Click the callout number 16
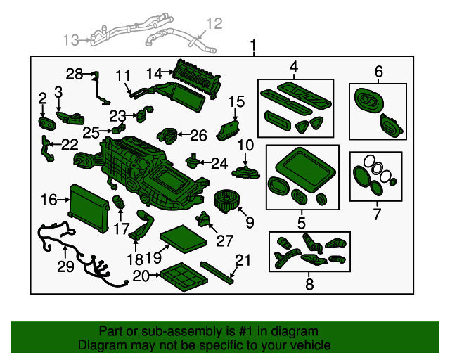49,200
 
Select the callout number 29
65,266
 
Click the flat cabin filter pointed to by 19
184,239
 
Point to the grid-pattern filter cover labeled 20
184,276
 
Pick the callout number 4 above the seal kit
294,67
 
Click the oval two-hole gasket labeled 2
47,124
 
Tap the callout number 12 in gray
214,23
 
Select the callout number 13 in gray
70,40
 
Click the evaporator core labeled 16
89,208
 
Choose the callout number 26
198,135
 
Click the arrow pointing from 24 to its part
205,163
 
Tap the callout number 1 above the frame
253,46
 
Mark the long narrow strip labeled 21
217,272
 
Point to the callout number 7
377,214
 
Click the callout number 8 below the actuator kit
309,284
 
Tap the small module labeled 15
228,131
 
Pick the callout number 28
75,74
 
